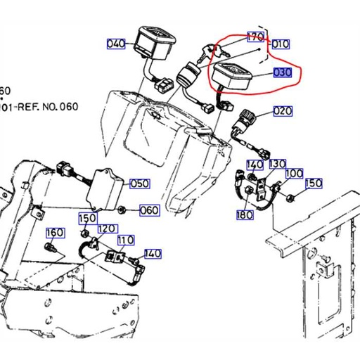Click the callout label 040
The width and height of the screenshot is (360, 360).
(x=116, y=44)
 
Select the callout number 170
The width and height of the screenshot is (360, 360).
(x=255, y=36)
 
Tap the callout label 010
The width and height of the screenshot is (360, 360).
(x=281, y=44)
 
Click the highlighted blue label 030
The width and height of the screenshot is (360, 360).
(x=282, y=72)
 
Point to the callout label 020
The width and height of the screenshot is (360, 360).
(x=282, y=111)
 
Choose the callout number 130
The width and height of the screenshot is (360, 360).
(x=277, y=164)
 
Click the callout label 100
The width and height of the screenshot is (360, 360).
(x=294, y=173)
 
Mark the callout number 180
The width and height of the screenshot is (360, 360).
(x=244, y=214)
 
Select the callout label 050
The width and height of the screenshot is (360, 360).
(x=139, y=184)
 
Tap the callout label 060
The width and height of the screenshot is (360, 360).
(x=149, y=210)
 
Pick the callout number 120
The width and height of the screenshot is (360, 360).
(x=107, y=229)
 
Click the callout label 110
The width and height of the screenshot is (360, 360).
(x=125, y=240)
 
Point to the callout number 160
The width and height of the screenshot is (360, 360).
(x=55, y=233)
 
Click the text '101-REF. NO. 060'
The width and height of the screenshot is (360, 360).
(x=39, y=108)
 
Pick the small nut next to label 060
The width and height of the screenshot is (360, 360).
(x=122, y=209)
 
